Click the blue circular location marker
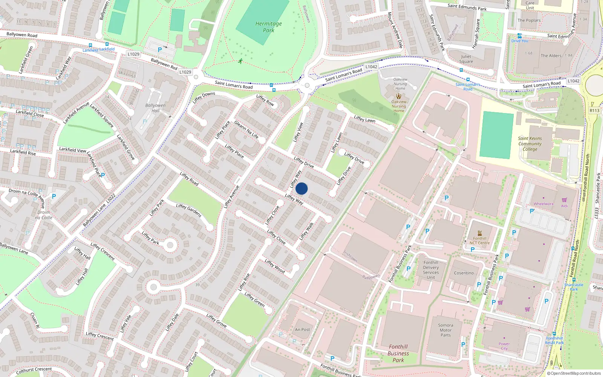(301, 188)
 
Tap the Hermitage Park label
(268, 27)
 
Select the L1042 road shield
(371, 67)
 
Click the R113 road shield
(594, 110)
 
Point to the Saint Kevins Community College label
(530, 144)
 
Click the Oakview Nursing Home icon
(399, 96)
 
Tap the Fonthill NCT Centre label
(479, 241)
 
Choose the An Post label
(302, 329)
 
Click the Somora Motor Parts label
(445, 330)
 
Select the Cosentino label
(464, 273)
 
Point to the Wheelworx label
(543, 204)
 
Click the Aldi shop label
(564, 206)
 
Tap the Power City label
(504, 346)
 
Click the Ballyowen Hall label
(155, 108)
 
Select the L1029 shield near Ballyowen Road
(133, 54)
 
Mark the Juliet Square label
(466, 59)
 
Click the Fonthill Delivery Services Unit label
(430, 270)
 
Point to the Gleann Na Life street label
(246, 129)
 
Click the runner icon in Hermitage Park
(240, 61)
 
